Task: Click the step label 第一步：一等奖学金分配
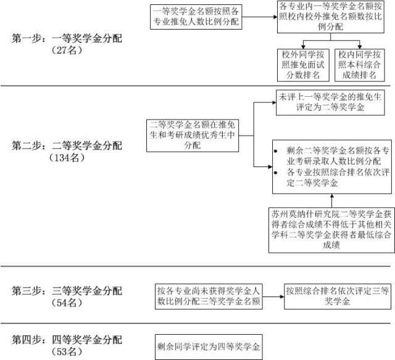[x=67, y=38]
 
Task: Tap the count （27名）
[x=67, y=51]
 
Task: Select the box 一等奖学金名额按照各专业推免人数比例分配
[x=196, y=17]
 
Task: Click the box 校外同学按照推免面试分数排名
[x=303, y=65]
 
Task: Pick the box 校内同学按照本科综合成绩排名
[x=359, y=65]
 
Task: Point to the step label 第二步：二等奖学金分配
[x=67, y=145]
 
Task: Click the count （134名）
[x=67, y=158]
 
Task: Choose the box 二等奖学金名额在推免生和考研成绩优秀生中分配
[x=193, y=136]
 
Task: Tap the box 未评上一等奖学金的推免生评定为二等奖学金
[x=330, y=103]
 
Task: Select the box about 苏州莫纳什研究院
[x=331, y=230]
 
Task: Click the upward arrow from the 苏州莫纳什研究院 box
[x=332, y=200]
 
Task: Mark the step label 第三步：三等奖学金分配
[x=67, y=291]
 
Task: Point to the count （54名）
[x=67, y=303]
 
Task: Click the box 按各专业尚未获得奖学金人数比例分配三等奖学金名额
[x=209, y=297]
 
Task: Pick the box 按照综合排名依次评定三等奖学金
[x=338, y=297]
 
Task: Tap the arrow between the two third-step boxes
[x=273, y=297]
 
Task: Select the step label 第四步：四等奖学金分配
[x=67, y=340]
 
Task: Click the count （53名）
[x=67, y=351]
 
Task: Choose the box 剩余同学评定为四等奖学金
[x=209, y=347]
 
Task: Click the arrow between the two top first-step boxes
[x=259, y=17]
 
